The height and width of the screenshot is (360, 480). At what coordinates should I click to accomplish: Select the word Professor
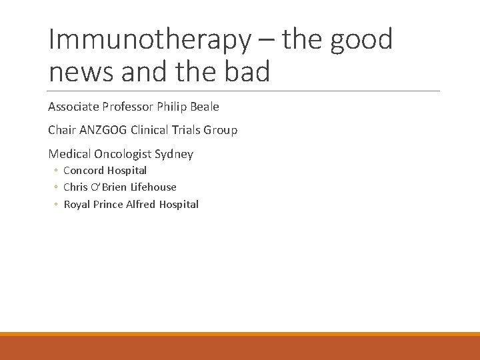point(127,107)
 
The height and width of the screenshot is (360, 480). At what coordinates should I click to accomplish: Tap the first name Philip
point(170,107)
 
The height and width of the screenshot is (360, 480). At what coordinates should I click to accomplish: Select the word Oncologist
point(120,154)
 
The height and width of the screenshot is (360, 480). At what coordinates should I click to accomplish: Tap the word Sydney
point(174,154)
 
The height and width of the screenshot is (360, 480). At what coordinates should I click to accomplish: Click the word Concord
point(83,171)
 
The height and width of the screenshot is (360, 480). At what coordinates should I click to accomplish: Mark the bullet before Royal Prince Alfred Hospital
point(57,205)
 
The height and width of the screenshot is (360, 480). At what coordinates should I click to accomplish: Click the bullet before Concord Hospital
point(57,171)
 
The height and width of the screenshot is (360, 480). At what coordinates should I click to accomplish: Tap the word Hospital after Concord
point(127,171)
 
